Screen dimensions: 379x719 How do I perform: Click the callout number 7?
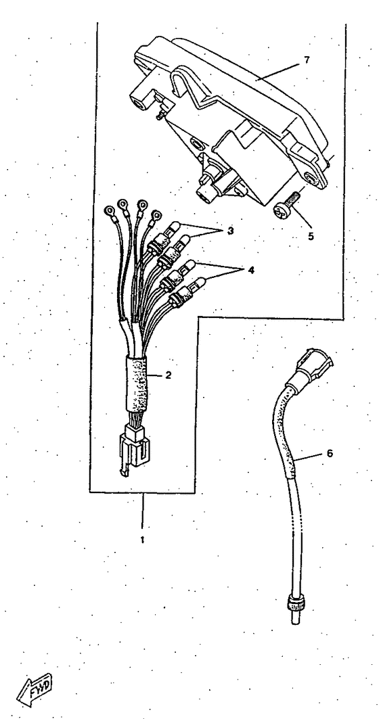[307, 60]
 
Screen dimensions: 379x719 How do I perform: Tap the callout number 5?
[311, 237]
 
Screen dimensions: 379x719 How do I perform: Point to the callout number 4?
[250, 270]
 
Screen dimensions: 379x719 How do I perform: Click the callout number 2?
[169, 375]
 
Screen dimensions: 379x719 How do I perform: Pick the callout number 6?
[330, 453]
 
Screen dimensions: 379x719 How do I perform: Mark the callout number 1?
[142, 540]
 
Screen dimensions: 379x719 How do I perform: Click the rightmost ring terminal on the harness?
[156, 214]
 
